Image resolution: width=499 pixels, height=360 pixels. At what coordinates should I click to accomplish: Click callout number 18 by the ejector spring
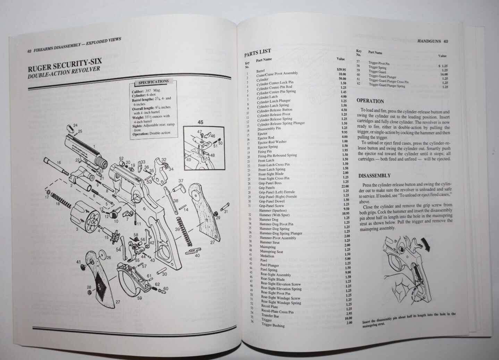[x=58, y=204]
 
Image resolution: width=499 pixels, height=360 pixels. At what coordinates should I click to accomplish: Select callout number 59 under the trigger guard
[x=139, y=298]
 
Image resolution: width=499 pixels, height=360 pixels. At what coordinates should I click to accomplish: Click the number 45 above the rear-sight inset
[x=201, y=122]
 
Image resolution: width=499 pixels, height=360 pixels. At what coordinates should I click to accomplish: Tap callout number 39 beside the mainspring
[x=177, y=230]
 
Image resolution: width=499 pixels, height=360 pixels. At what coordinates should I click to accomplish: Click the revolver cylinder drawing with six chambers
[x=85, y=217]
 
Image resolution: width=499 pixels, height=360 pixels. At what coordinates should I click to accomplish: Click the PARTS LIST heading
[x=257, y=53]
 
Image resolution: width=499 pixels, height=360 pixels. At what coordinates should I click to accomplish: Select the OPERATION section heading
[x=370, y=101]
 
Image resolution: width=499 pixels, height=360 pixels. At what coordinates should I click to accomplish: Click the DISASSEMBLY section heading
[x=374, y=176]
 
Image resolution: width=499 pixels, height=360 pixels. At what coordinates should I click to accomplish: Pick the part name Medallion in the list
[x=267, y=256]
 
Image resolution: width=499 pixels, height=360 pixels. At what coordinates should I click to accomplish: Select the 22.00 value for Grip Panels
[x=345, y=187]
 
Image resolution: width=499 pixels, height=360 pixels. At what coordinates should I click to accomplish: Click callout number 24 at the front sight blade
[x=75, y=125]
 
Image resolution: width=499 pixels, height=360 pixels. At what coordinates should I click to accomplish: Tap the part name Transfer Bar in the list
[x=270, y=316]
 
